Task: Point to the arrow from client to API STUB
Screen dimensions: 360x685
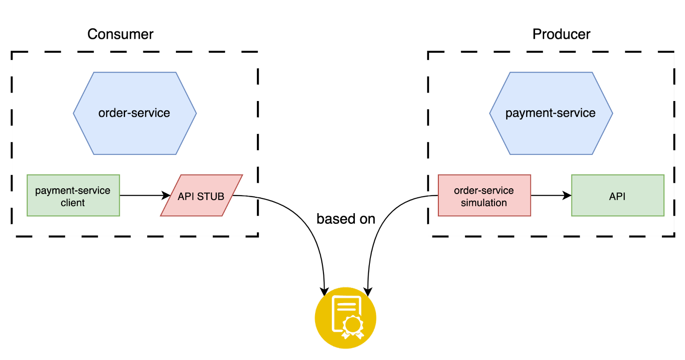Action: [141, 196]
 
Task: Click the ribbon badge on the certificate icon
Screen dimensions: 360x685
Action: [353, 326]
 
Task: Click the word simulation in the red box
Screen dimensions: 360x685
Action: [484, 203]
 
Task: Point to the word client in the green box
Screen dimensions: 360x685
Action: [73, 203]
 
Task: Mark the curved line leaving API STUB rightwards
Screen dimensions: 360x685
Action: [246, 196]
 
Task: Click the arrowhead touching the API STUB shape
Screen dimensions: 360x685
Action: [167, 196]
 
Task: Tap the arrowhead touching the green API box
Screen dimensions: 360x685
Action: [567, 196]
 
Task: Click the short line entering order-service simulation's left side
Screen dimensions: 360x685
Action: [433, 196]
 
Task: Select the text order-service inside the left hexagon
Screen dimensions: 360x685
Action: [134, 113]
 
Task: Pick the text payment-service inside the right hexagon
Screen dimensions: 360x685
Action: [550, 113]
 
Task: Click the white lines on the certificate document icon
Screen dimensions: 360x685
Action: [346, 306]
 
